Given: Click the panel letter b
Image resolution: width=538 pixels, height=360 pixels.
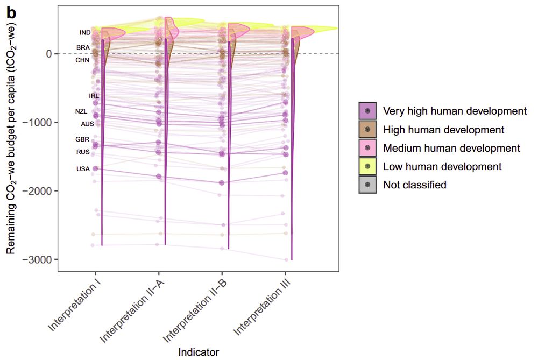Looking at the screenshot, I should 11,13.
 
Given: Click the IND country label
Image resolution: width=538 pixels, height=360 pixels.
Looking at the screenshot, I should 85,33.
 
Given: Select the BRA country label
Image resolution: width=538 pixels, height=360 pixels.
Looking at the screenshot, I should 83,48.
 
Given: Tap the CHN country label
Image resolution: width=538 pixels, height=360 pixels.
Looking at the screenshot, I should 82,61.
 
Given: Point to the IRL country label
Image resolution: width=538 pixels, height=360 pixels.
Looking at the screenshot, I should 94,96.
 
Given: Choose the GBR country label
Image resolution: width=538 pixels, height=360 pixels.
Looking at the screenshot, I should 82,139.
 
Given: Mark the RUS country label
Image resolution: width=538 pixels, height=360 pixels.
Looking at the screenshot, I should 83,152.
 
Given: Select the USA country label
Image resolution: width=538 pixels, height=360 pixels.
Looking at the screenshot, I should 83,169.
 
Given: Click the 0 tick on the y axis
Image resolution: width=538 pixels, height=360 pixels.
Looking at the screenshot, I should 48,54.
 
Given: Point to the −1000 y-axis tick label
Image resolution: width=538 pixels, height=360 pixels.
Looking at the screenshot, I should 39,123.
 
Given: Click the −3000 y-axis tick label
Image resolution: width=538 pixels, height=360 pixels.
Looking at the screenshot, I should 39,260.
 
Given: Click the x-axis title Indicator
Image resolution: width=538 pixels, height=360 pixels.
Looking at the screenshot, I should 199,352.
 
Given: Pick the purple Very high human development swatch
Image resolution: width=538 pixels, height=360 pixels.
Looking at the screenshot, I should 367,111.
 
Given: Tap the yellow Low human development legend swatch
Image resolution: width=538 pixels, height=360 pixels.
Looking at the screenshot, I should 367,166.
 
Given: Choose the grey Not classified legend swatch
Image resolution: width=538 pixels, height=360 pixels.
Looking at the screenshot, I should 367,185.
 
